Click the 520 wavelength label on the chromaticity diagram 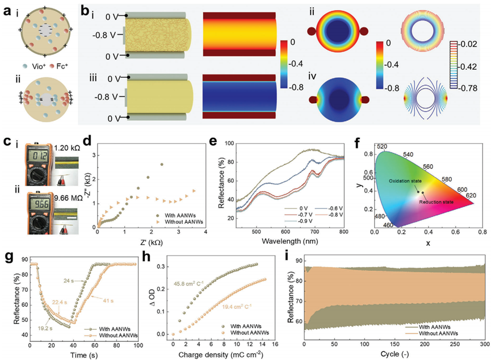[x=383, y=146]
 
